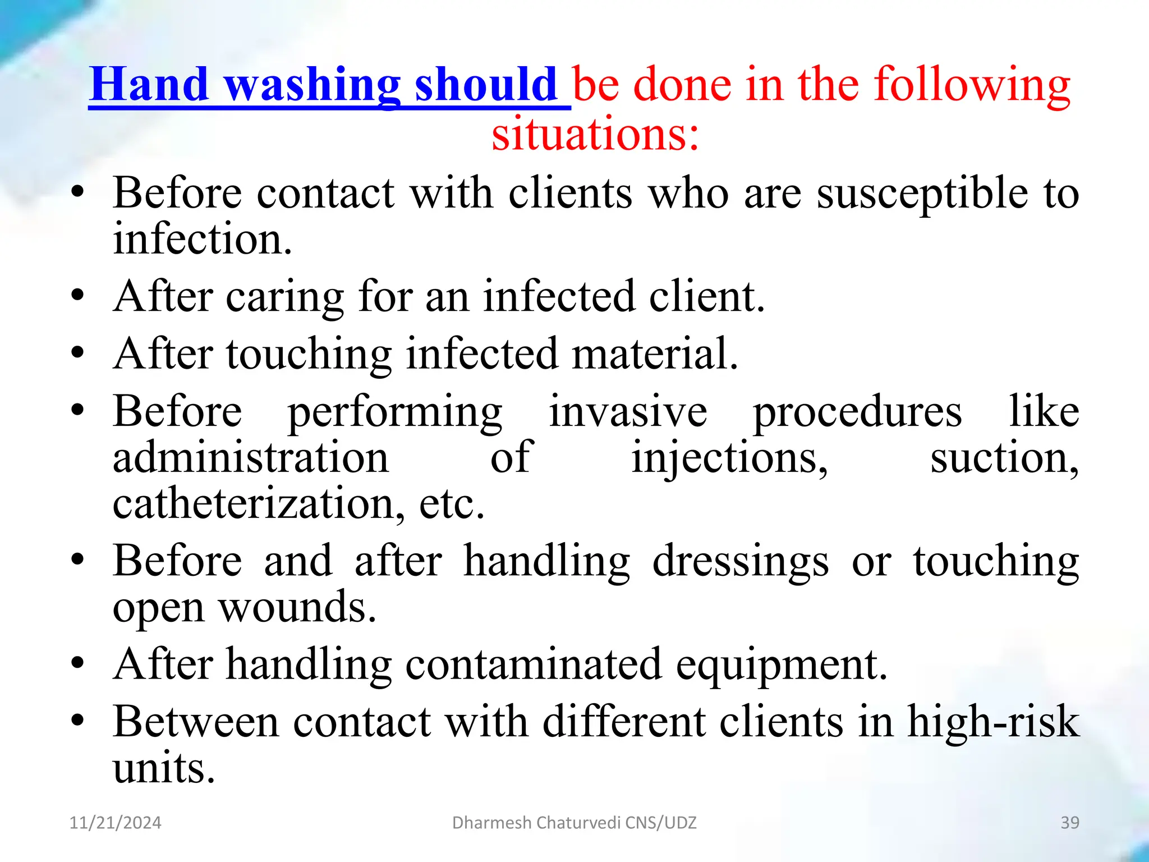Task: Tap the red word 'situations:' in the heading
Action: click(596, 134)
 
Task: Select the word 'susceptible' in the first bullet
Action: click(922, 193)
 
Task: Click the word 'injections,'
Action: click(729, 458)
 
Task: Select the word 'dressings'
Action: click(741, 561)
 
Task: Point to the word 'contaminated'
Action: click(534, 664)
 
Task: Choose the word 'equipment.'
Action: click(782, 665)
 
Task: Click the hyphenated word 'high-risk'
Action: click(993, 722)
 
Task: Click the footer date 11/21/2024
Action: click(115, 823)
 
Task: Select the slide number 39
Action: click(1070, 823)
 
